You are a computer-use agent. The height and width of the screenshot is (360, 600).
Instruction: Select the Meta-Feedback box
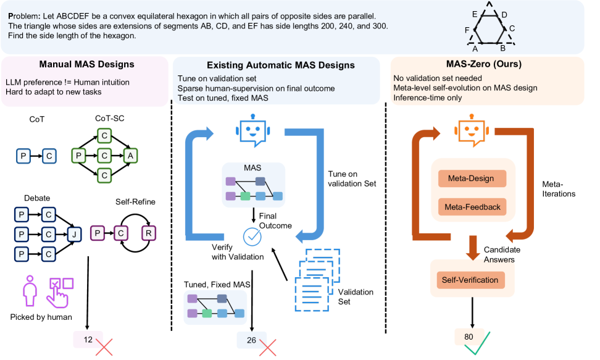(x=472, y=207)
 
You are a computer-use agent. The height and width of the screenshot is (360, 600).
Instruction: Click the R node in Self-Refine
(x=149, y=233)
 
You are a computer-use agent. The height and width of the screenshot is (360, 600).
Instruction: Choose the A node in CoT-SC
(x=131, y=156)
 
